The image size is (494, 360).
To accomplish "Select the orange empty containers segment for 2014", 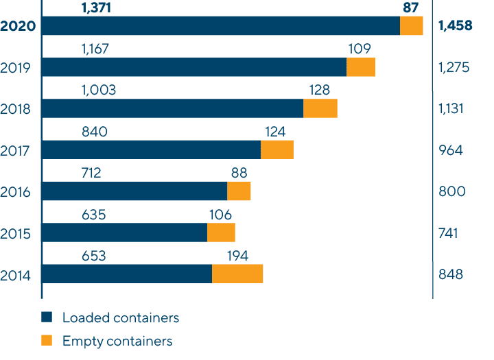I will click(237, 274).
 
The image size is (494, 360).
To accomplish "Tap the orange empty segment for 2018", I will click(320, 108).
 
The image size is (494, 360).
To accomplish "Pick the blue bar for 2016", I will click(134, 191).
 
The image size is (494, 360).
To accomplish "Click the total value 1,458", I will click(455, 27).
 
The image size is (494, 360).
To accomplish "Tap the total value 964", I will click(451, 150).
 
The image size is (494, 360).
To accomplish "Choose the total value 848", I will click(451, 274).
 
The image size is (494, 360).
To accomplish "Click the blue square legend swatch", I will click(47, 317).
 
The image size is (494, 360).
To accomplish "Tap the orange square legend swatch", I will click(47, 340).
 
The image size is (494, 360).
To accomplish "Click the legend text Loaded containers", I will click(120, 317).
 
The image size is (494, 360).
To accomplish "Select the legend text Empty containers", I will click(117, 341).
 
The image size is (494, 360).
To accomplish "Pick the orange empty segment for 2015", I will click(221, 232).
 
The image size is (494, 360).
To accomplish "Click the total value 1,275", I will click(454, 68).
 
